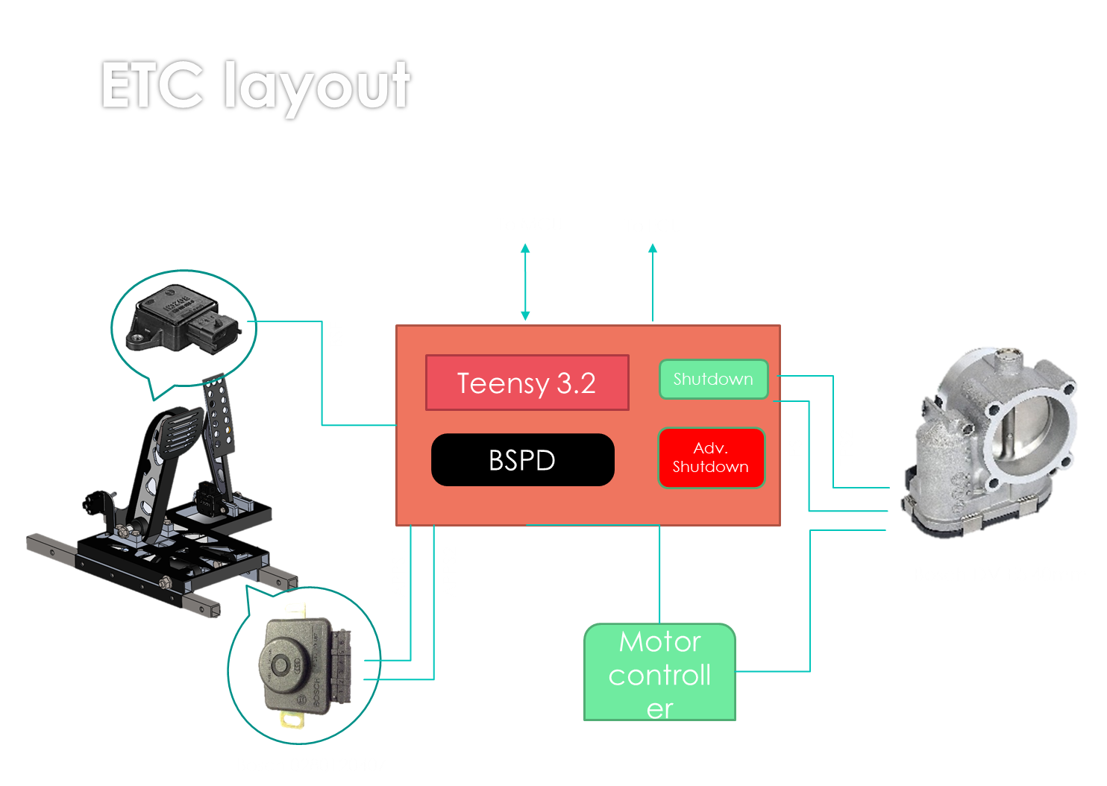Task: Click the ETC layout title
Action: pos(255,87)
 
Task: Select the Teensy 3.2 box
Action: pos(527,383)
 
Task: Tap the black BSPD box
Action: pos(522,460)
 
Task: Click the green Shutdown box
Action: pos(713,379)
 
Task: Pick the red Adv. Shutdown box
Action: pos(711,458)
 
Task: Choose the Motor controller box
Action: pos(659,673)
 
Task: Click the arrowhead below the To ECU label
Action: pos(653,250)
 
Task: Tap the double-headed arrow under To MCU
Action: pos(525,282)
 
